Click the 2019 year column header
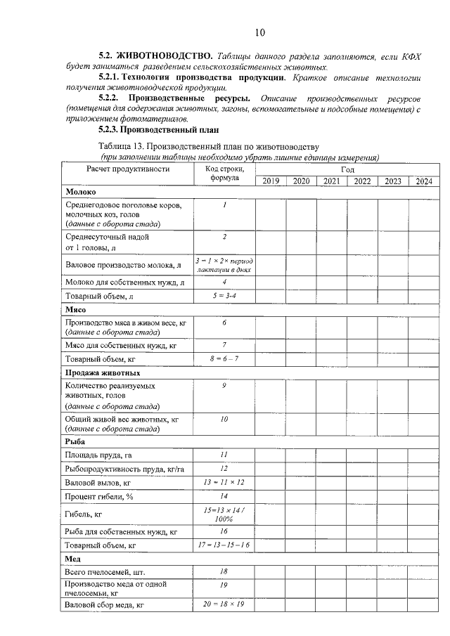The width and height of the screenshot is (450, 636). coord(270,181)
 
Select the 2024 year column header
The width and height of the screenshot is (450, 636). coord(423,181)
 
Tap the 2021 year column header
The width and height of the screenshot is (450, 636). coord(331,181)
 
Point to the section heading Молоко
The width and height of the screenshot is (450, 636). coord(81,192)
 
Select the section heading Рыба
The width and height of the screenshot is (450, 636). coord(75,441)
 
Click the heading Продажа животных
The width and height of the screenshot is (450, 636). coord(103,372)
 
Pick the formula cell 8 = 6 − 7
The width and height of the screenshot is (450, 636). coord(224,359)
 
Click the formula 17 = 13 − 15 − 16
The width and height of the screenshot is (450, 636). coord(224,545)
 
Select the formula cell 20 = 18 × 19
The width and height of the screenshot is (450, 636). coord(224,604)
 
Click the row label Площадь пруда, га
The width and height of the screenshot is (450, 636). coord(98,455)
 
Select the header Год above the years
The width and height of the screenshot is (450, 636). coord(347,169)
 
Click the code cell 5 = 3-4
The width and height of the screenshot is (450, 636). coord(224,297)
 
